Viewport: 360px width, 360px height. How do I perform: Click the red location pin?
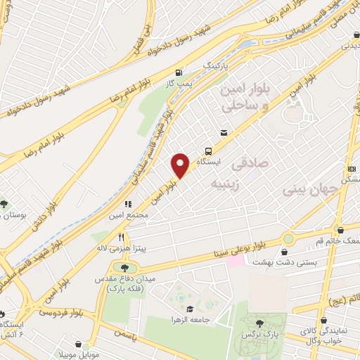click(x=181, y=165)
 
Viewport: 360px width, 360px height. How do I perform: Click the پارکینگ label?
click(x=217, y=65)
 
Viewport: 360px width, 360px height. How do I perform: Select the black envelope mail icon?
click(x=224, y=132)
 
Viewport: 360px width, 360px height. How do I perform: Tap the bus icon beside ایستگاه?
click(x=208, y=150)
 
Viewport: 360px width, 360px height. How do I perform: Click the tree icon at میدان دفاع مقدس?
click(x=126, y=266)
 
